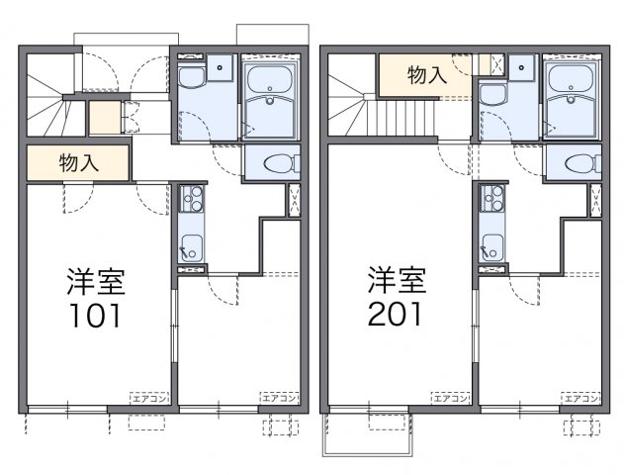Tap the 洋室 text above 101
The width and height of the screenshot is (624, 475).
pos(95,281)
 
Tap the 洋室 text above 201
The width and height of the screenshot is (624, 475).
pos(397,281)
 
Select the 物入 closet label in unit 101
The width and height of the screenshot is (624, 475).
pos(78,164)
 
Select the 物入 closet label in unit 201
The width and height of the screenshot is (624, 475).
pos(425,73)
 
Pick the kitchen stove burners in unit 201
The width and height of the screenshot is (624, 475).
pos(491,201)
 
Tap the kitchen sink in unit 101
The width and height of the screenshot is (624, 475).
pos(190,248)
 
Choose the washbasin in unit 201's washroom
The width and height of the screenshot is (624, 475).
pos(491,95)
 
